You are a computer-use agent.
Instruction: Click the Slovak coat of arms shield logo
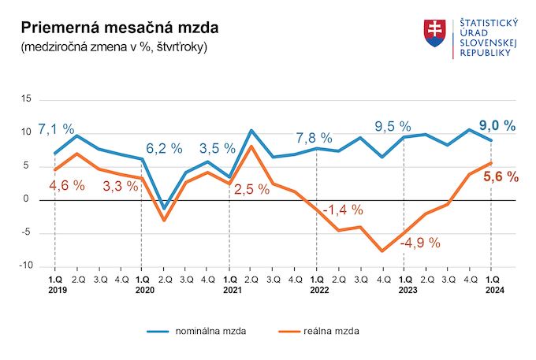click(434, 33)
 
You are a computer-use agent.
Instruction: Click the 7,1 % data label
click(56, 128)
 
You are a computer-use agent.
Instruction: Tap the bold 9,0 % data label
click(498, 125)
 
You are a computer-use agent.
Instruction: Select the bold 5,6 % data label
click(501, 177)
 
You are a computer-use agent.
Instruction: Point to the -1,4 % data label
click(344, 210)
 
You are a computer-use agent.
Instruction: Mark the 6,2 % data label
click(164, 147)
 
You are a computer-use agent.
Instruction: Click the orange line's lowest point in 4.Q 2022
click(382, 251)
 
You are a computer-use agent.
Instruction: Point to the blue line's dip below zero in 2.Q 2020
click(163, 209)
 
